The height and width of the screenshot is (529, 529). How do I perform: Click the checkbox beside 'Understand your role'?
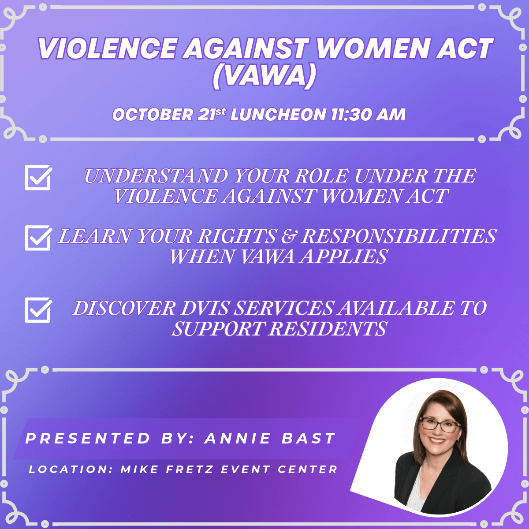[38, 177]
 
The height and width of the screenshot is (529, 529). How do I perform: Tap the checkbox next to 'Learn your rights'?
[38, 238]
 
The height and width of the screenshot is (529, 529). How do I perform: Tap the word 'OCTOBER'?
[153, 114]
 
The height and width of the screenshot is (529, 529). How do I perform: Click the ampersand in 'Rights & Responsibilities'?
[288, 236]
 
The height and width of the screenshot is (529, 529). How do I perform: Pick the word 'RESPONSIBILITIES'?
[399, 236]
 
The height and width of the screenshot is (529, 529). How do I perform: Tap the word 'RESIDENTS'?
[328, 328]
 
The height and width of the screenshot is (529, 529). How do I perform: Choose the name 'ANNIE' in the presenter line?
[238, 438]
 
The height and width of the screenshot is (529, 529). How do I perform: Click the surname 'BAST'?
[309, 438]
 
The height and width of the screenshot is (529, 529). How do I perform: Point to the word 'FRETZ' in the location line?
[190, 469]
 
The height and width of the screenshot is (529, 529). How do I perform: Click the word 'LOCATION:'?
[71, 469]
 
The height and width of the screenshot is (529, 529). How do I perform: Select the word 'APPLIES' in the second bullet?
[343, 257]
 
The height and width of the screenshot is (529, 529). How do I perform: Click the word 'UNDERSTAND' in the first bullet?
[156, 176]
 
